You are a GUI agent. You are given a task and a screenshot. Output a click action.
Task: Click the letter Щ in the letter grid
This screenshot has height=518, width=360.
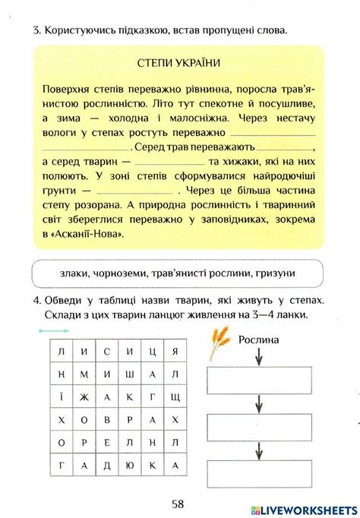pos(174,397)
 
